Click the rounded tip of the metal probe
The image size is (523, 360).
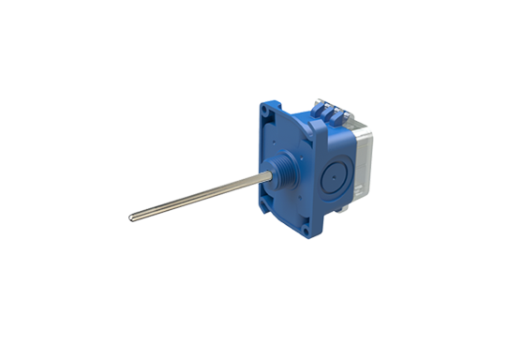(132, 218)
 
